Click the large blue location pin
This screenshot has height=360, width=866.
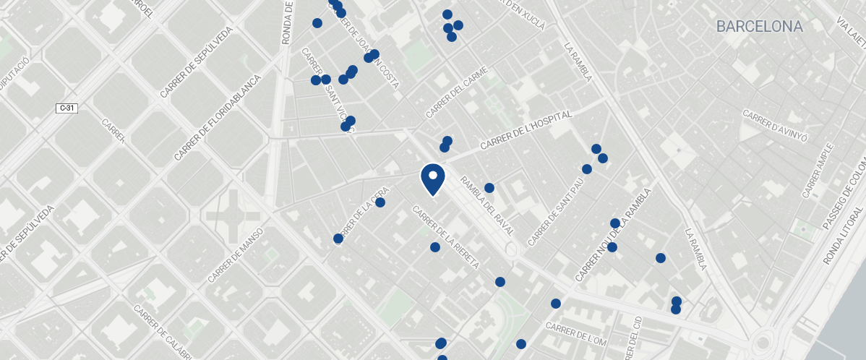(432, 178)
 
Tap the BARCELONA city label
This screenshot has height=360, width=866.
(759, 27)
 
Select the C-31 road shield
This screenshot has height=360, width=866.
(67, 108)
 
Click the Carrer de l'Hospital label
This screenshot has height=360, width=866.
(526, 131)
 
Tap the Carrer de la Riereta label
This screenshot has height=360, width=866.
(446, 238)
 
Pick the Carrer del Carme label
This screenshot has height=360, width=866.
(458, 93)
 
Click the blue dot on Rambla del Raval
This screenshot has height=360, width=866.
(489, 188)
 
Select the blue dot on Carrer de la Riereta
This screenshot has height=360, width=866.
(435, 247)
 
